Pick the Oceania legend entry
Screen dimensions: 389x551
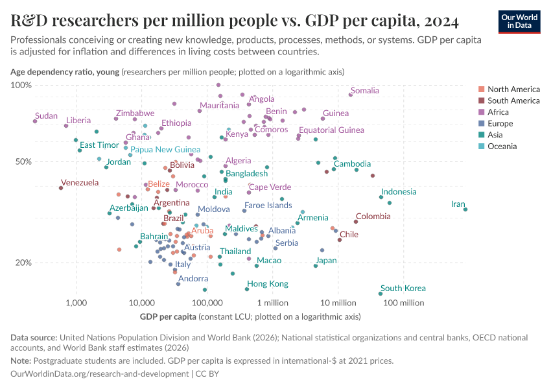coord(502,147)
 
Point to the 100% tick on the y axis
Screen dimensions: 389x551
coord(21,86)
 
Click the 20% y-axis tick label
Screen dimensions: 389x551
coord(23,263)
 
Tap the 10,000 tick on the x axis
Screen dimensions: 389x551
coord(141,303)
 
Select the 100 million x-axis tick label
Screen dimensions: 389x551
coord(403,303)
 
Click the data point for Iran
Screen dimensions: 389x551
coord(465,209)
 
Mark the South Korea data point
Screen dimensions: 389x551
coord(381,294)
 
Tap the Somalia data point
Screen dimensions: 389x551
coord(351,95)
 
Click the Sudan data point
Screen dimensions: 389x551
coord(35,121)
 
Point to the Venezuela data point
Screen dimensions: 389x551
coord(61,187)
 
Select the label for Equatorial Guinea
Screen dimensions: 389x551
coord(331,130)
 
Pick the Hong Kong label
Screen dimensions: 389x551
coord(267,284)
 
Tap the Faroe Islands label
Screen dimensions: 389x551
coord(268,206)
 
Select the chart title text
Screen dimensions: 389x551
coord(235,21)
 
